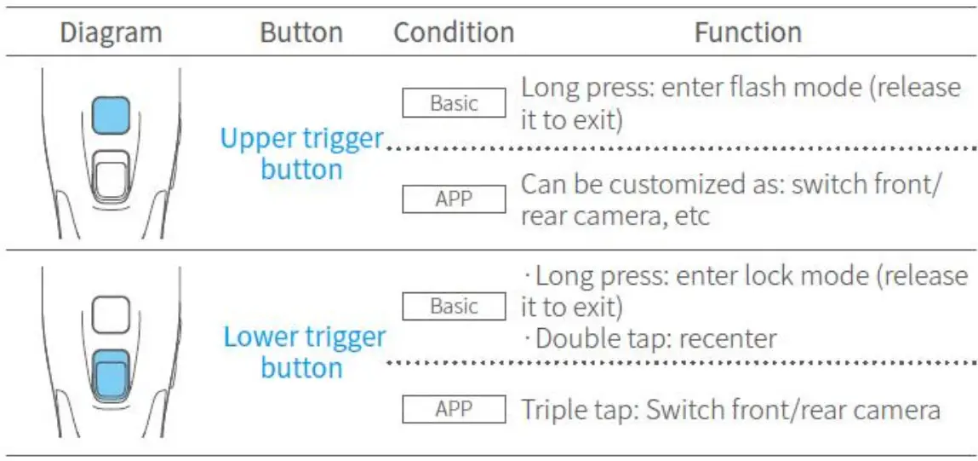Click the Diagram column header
(112, 33)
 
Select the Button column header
(301, 33)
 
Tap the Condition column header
(454, 33)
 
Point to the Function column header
(747, 33)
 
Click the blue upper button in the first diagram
(111, 115)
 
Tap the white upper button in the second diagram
(111, 314)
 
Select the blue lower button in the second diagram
(111, 376)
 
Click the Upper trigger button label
(301, 153)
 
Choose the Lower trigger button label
(304, 352)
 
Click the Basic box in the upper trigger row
(454, 104)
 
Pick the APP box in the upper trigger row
(454, 200)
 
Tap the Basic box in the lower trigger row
(454, 307)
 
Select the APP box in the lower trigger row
(454, 410)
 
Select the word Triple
(552, 410)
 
